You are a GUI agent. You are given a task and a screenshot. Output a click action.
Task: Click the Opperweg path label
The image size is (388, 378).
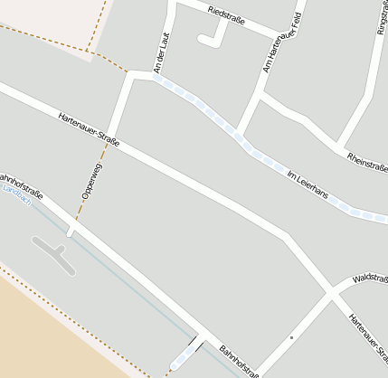(91, 180)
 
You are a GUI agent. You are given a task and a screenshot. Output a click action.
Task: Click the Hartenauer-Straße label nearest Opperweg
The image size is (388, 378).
(88, 129)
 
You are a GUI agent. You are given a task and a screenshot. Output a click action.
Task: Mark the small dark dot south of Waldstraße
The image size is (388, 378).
(291, 338)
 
